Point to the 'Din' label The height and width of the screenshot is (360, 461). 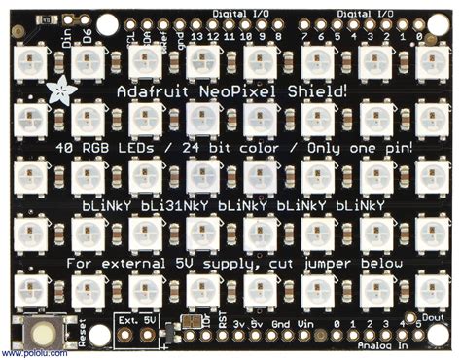(67, 38)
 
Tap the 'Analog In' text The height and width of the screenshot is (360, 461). (382, 343)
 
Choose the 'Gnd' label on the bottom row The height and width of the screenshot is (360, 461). (282, 324)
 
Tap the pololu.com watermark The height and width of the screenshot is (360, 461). (26, 353)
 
